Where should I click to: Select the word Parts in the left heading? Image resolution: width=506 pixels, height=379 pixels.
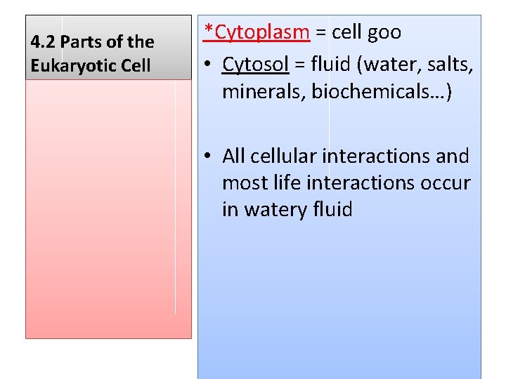[x=82, y=42]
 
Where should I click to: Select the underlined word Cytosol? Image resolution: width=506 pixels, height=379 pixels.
[x=255, y=65]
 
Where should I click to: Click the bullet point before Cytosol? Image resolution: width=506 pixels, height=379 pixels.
[x=208, y=65]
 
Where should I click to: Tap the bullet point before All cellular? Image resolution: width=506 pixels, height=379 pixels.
[x=208, y=156]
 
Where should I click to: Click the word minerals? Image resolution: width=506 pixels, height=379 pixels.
[x=264, y=92]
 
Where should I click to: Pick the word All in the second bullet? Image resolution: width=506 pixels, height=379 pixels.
[x=234, y=156]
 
